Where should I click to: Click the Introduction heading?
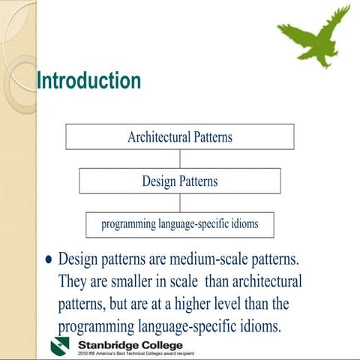[88, 80]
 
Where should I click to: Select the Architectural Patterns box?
[180, 136]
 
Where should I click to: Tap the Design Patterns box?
[180, 181]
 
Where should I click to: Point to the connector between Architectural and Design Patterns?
[180, 158]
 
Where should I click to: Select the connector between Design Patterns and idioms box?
[180, 202]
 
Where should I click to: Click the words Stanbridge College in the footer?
[130, 343]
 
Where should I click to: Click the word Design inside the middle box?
[160, 181]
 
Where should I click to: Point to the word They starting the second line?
[73, 282]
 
